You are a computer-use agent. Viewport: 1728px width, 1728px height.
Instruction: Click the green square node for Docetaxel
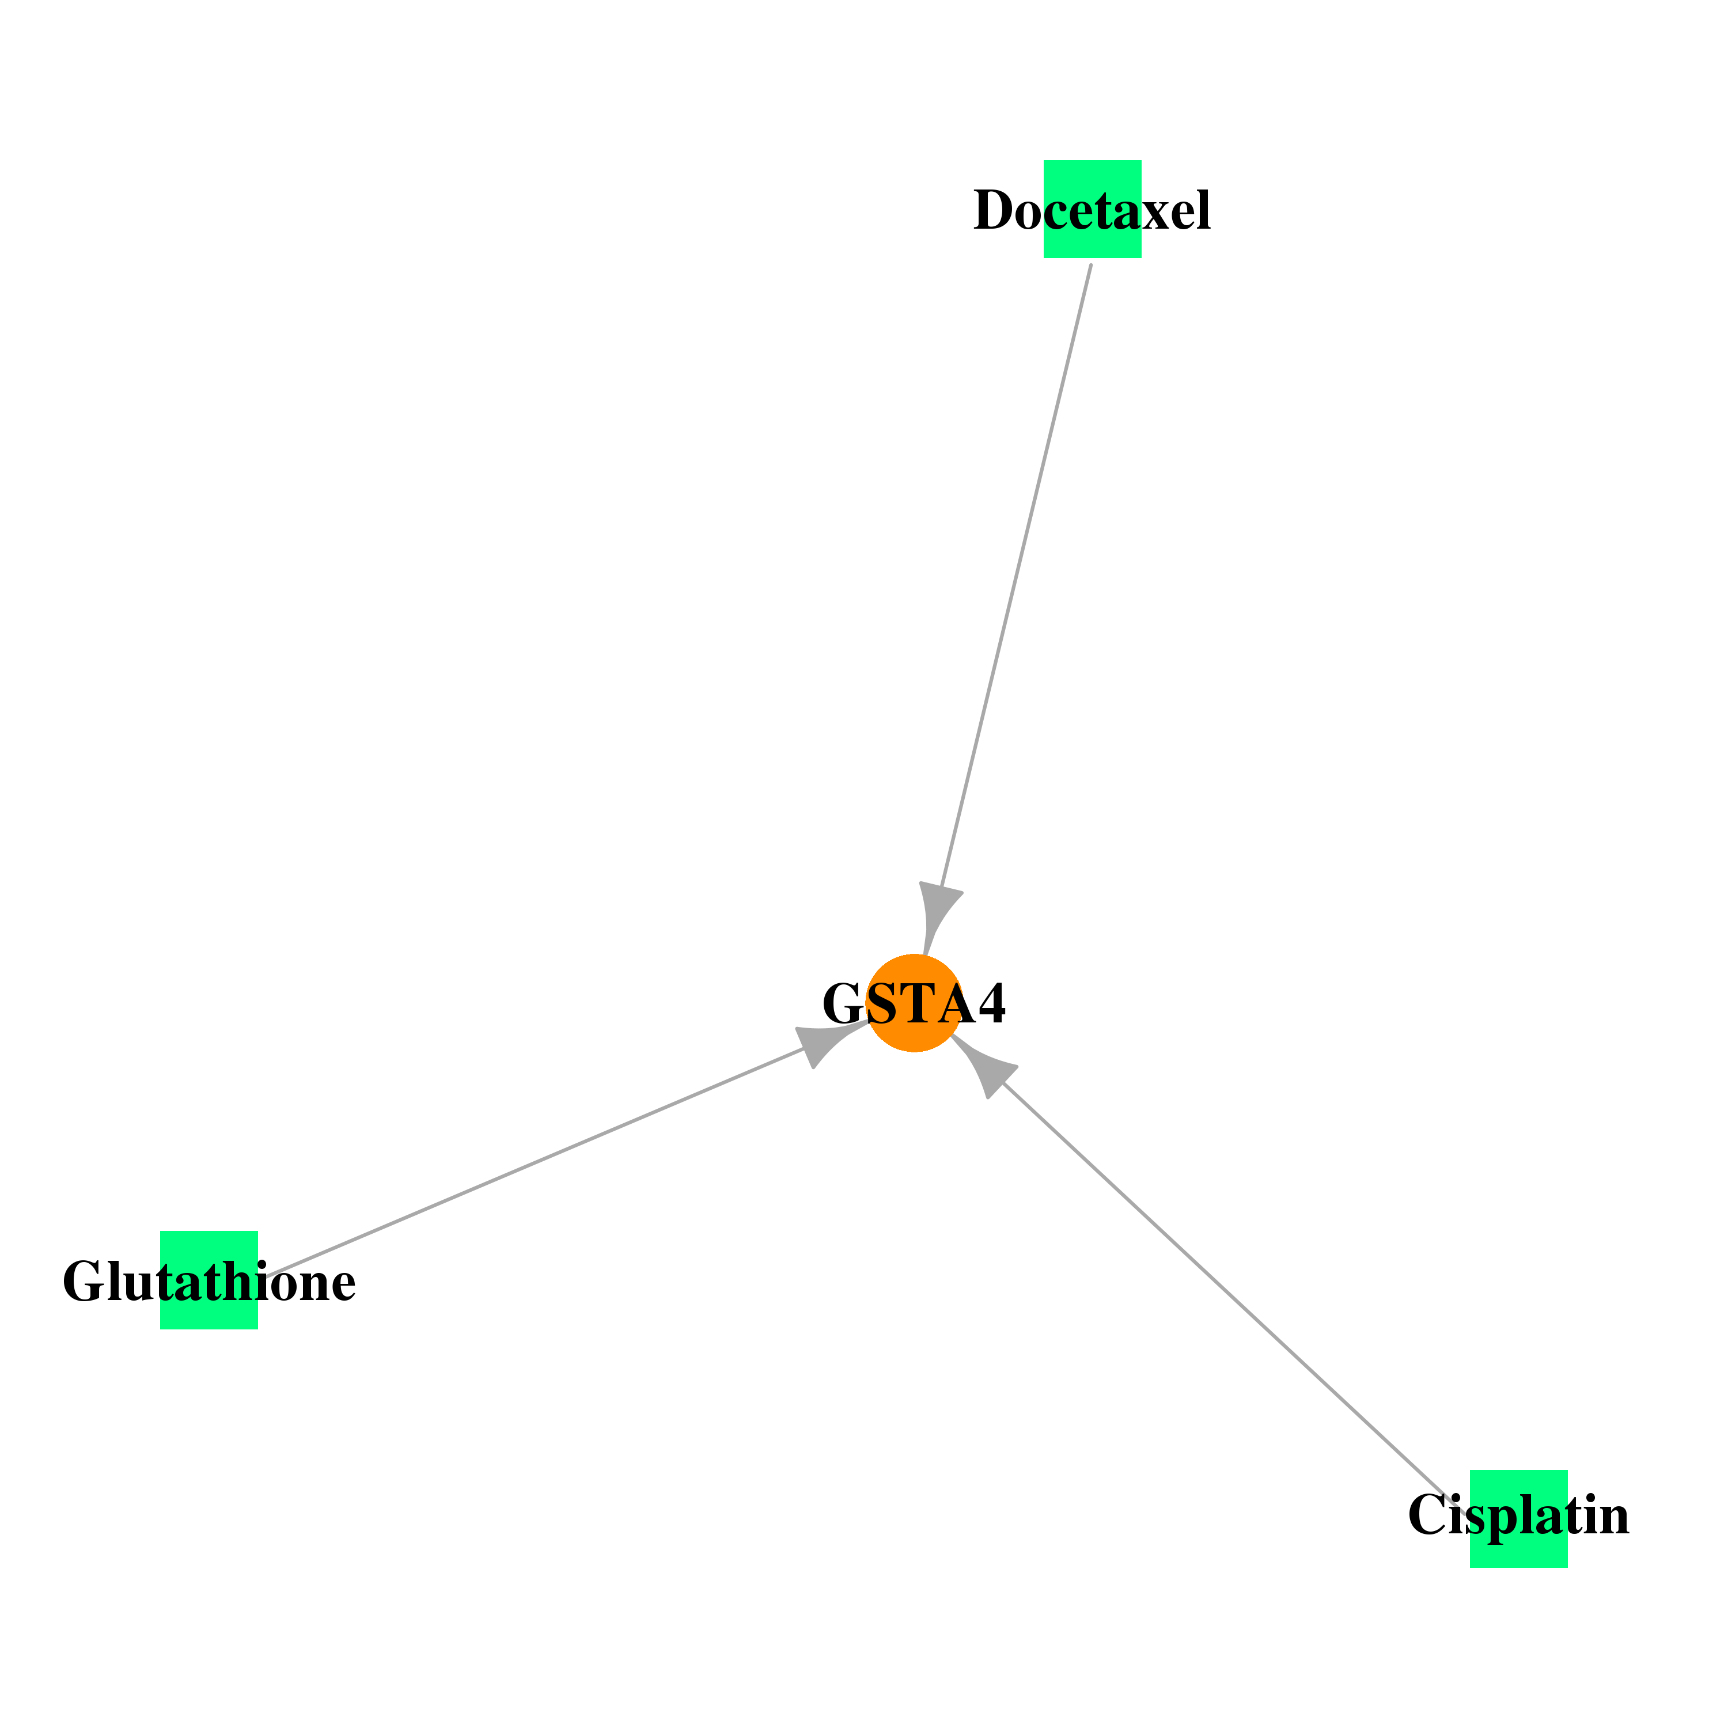coord(1092,209)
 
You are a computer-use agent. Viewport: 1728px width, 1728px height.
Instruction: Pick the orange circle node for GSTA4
coord(914,1003)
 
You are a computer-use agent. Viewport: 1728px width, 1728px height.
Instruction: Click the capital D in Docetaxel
coord(993,211)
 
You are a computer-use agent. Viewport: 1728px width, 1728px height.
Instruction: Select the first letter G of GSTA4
coord(843,1003)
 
